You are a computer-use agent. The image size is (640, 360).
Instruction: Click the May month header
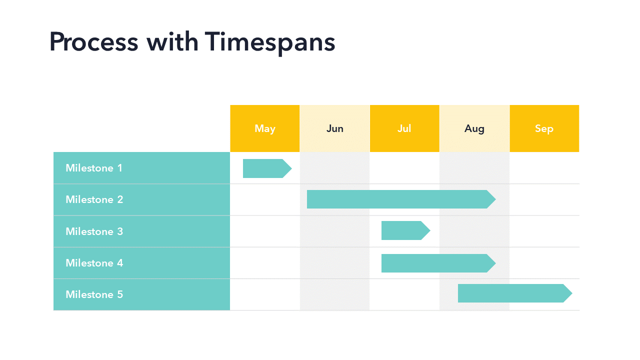(x=265, y=128)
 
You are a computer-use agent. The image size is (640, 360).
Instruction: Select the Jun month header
(x=335, y=128)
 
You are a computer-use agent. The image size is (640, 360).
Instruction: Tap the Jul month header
(x=404, y=128)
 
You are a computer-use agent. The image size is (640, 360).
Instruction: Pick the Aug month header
(x=474, y=128)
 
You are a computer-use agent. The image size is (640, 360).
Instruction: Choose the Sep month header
(x=544, y=128)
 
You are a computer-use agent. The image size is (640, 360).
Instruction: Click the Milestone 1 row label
(x=141, y=168)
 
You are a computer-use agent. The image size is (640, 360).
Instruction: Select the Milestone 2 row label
(x=141, y=199)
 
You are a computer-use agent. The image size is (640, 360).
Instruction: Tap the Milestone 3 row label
(x=141, y=231)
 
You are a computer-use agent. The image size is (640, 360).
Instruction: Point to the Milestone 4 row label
(x=141, y=263)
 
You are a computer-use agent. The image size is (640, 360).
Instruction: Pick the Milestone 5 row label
(x=141, y=294)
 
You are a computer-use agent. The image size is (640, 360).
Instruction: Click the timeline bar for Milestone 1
(x=267, y=168)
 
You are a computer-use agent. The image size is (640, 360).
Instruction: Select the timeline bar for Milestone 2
(x=401, y=199)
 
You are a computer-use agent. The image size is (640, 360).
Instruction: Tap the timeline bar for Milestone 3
(x=405, y=230)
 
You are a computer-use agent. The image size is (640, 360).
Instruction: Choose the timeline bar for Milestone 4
(x=438, y=263)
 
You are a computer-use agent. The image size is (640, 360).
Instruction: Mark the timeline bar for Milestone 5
(x=515, y=293)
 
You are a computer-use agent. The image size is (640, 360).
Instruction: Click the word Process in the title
(x=94, y=41)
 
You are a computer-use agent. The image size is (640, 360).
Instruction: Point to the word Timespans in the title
(x=270, y=43)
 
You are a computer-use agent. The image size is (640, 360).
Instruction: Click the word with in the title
(x=172, y=41)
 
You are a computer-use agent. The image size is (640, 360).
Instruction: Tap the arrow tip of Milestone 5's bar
(x=572, y=293)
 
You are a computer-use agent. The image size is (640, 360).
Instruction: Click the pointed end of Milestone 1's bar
(x=291, y=168)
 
